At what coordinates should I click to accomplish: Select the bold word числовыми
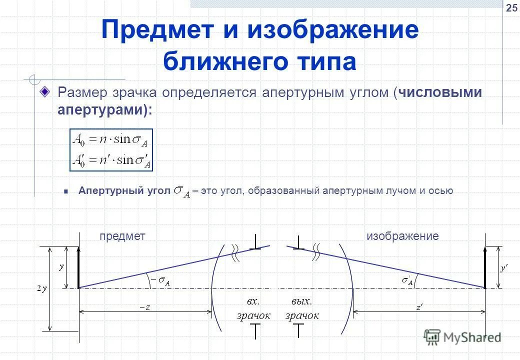tap(440, 93)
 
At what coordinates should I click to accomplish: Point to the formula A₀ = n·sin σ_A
tap(111, 140)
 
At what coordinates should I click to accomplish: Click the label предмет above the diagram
tap(122, 236)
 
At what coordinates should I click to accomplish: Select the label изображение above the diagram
tap(402, 236)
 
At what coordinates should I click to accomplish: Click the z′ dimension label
tap(419, 307)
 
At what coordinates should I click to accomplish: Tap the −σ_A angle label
tap(161, 282)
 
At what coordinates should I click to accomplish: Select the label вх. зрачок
tap(253, 308)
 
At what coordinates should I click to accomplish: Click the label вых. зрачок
tap(301, 308)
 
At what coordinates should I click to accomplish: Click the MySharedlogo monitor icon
tap(431, 337)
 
